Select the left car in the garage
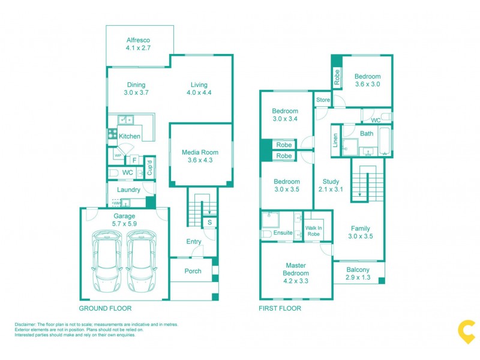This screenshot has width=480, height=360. pos(106,257)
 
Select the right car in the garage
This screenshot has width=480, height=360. pos(141,257)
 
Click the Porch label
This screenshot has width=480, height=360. pos(193,271)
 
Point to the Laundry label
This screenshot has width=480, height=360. pos(128,190)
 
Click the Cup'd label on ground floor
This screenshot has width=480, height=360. pos(149,169)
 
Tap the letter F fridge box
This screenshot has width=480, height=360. pos(134,160)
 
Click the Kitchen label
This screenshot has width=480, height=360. pos(129,136)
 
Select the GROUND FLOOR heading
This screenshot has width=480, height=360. pos(105,308)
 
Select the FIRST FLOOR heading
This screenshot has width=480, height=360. pos(280,308)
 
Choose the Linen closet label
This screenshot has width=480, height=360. pos(335,141)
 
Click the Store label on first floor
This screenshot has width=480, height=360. pos(323,100)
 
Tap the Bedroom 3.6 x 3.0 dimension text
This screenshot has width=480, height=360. pos(367,85)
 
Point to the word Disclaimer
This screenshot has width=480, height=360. pos(26,325)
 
